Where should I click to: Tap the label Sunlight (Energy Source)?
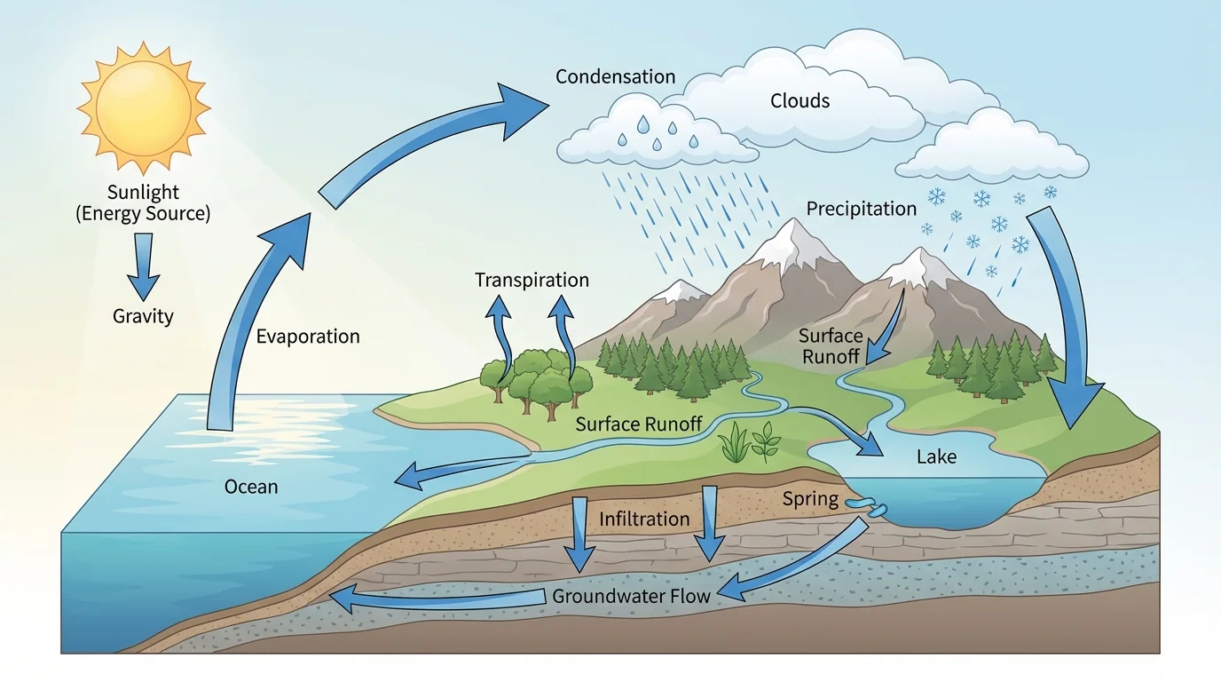[143, 202]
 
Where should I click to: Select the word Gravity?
[143, 316]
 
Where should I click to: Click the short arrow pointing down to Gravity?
[143, 271]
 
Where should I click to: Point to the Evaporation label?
[308, 337]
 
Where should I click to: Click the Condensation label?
[615, 77]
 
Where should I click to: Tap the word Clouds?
[800, 101]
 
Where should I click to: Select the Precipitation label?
[861, 209]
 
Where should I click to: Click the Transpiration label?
[532, 281]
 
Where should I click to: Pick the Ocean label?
[251, 487]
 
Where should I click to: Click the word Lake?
[936, 457]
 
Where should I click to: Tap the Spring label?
[810, 499]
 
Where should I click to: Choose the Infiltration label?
[644, 519]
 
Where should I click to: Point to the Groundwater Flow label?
[631, 596]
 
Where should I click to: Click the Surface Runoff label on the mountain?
[830, 346]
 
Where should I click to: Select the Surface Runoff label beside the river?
[639, 424]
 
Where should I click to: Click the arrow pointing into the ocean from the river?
[417, 477]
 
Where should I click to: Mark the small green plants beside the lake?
[750, 442]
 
